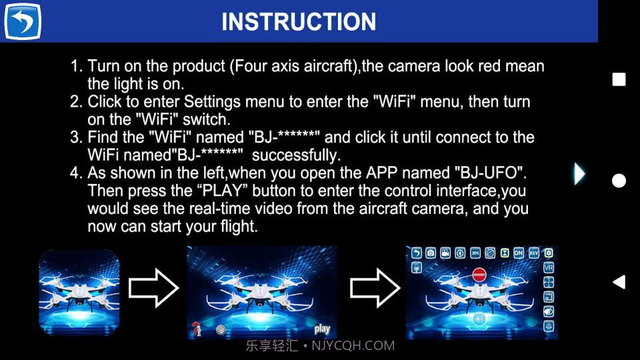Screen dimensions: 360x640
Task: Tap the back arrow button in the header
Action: pyautogui.click(x=23, y=21)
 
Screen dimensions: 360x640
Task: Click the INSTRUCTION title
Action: pyautogui.click(x=299, y=22)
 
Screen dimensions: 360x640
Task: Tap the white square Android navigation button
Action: pyautogui.click(x=619, y=80)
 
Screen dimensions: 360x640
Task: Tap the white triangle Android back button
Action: pyautogui.click(x=619, y=282)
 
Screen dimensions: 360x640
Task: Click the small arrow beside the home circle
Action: pyautogui.click(x=579, y=174)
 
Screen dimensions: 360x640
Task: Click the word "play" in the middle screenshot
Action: pyautogui.click(x=322, y=329)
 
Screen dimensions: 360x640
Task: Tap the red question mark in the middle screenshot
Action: pyautogui.click(x=197, y=329)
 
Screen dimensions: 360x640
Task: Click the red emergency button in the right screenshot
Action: pyautogui.click(x=478, y=273)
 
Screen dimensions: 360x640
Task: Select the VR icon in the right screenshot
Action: pyautogui.click(x=549, y=267)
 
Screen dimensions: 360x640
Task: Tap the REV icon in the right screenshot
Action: pyautogui.click(x=534, y=253)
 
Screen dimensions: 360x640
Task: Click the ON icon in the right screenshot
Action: pyautogui.click(x=519, y=253)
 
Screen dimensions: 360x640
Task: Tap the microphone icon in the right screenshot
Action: pyautogui.click(x=416, y=267)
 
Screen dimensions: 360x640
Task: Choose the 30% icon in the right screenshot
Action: pyautogui.click(x=475, y=253)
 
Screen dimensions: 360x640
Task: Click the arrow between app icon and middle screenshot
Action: pyautogui.click(x=153, y=287)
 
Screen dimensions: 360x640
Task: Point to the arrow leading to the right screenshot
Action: pyautogui.click(x=375, y=287)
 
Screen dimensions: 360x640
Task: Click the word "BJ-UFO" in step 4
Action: pyautogui.click(x=491, y=173)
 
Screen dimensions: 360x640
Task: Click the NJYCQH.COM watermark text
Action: pyautogui.click(x=353, y=346)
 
